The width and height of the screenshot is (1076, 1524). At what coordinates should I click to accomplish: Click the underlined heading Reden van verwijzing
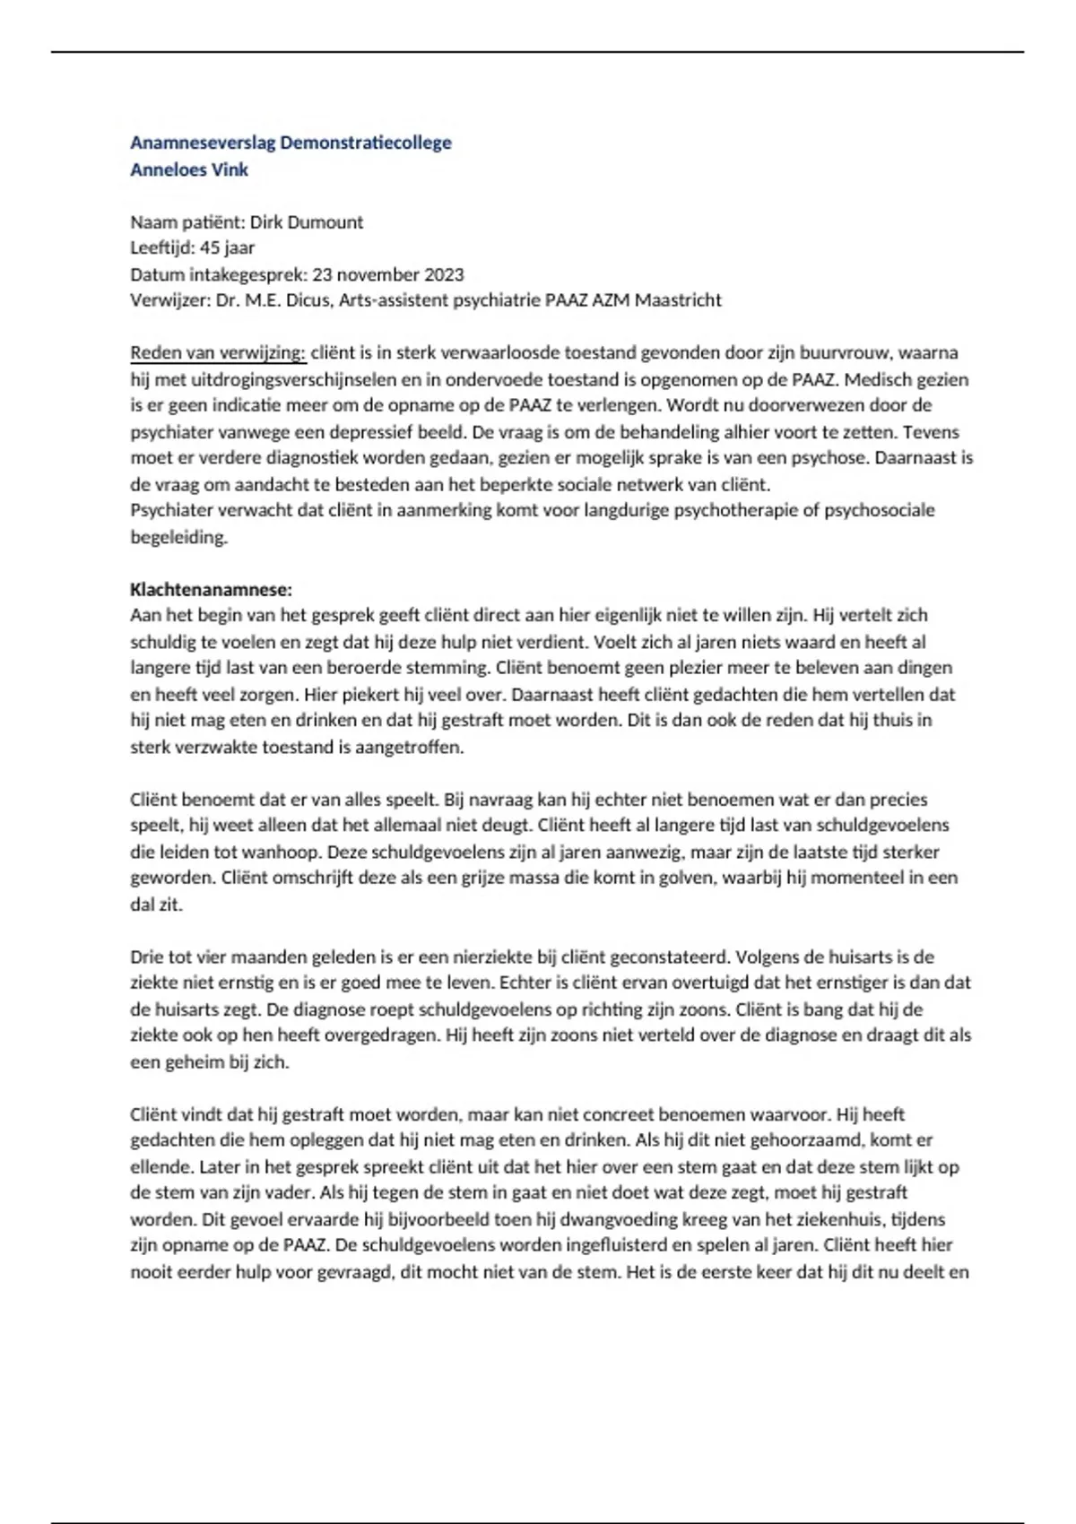(x=218, y=353)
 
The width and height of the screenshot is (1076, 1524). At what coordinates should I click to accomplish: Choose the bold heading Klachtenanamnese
(x=212, y=590)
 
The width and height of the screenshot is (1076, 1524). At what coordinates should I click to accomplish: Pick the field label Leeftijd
(x=160, y=248)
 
